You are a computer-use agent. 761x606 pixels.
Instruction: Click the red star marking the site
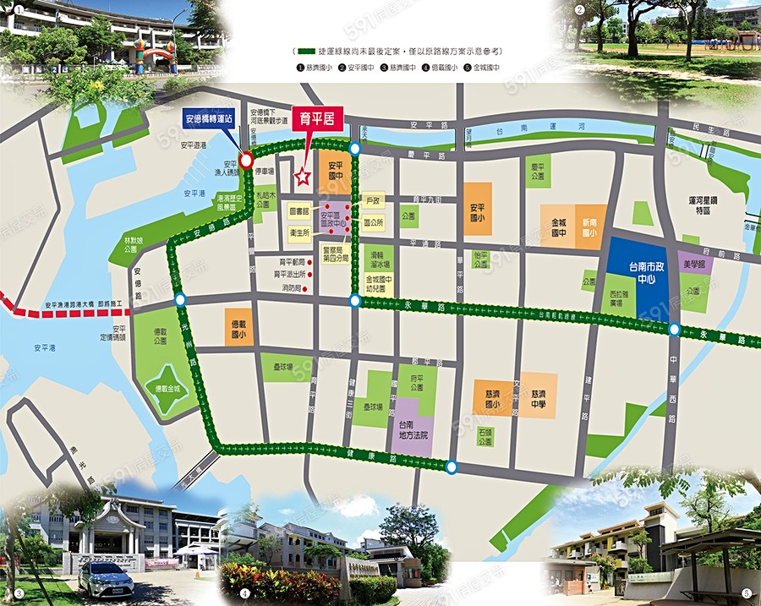302,177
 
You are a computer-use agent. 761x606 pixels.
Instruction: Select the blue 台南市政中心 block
636,270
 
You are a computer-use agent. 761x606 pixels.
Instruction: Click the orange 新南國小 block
590,227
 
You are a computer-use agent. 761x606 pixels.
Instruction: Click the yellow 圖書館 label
298,210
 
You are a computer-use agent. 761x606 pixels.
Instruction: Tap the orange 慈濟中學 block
539,395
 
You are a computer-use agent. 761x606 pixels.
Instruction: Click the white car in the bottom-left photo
106,580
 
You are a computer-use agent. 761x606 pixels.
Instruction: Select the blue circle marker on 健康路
452,467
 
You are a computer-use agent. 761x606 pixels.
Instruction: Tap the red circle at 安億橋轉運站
246,160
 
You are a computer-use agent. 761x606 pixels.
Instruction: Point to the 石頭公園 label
485,435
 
